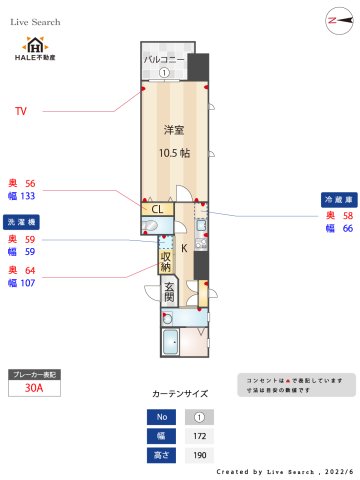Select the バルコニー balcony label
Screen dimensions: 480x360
(x=163, y=60)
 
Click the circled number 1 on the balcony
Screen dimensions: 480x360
(x=163, y=72)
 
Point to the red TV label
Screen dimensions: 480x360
(x=20, y=110)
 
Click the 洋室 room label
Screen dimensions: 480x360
(x=176, y=130)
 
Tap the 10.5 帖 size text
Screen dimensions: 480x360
(x=176, y=152)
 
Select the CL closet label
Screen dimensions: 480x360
(x=157, y=209)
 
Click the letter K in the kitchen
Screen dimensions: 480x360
(x=183, y=246)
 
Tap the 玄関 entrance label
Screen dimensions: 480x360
(x=169, y=292)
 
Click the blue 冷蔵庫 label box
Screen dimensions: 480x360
(x=336, y=199)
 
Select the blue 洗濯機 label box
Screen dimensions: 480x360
(x=21, y=222)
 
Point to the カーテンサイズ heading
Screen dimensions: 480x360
(x=180, y=394)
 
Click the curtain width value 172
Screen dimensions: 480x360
(x=199, y=436)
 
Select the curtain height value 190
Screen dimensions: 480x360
(x=199, y=456)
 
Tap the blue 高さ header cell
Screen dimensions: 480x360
(x=159, y=456)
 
